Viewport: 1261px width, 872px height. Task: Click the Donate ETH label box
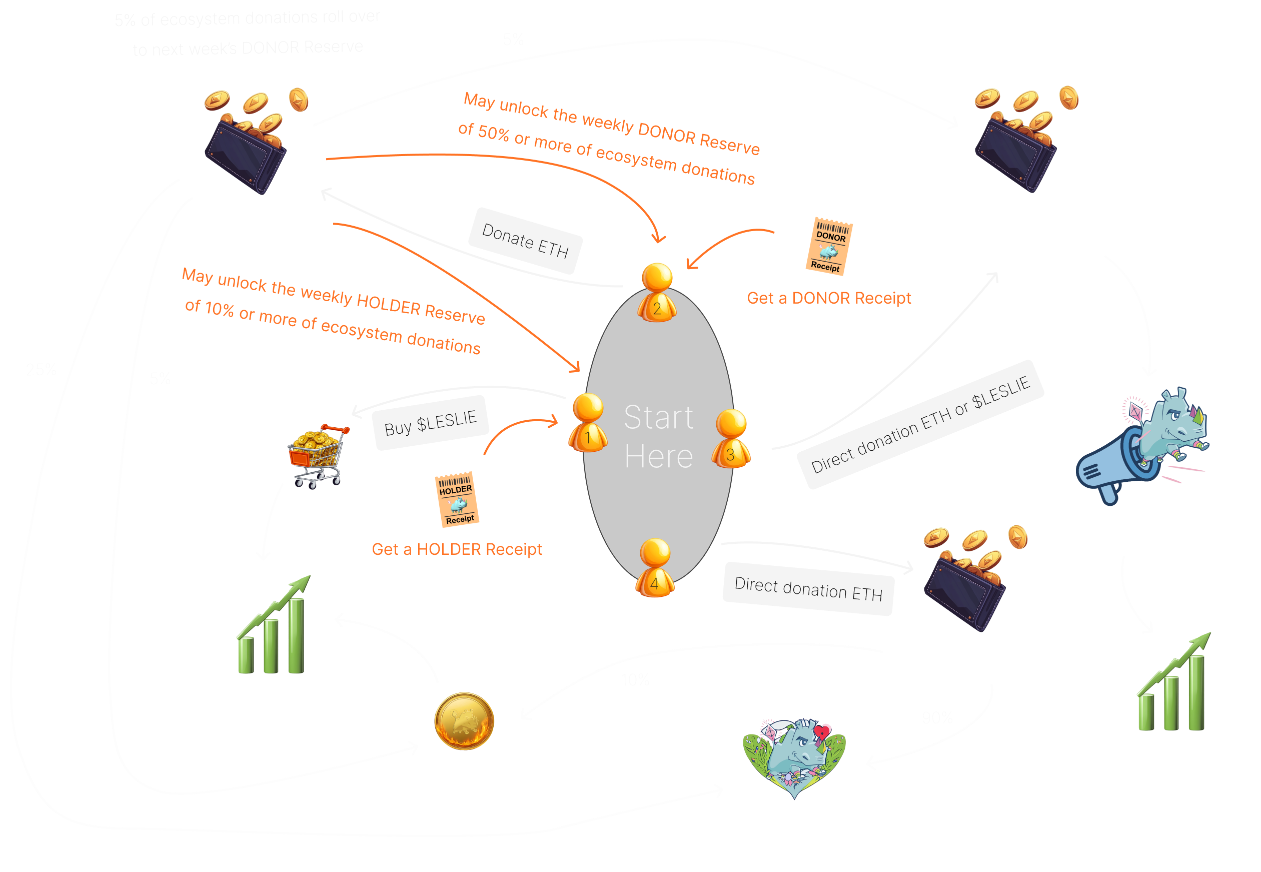click(x=525, y=241)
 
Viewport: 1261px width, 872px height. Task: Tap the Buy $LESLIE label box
click(x=430, y=423)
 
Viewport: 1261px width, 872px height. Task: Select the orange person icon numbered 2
click(x=657, y=293)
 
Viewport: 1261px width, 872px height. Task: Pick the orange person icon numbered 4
click(x=655, y=568)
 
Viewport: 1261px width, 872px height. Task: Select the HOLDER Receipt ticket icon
click(x=457, y=499)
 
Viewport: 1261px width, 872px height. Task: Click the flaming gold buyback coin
click(x=464, y=721)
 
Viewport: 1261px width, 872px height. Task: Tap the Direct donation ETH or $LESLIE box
click(x=920, y=425)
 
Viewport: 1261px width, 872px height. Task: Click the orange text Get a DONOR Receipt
click(x=828, y=298)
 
